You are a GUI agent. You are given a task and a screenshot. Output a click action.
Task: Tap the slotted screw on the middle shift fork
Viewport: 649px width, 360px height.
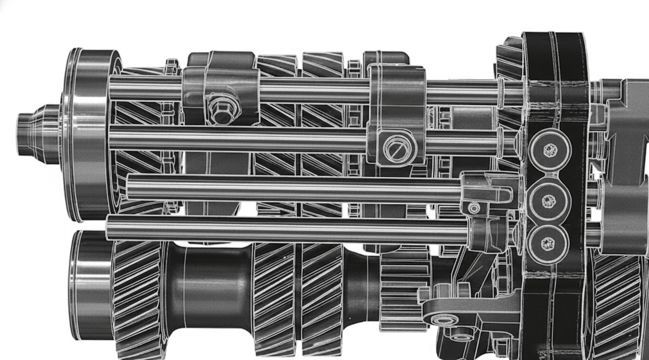pyautogui.click(x=394, y=149)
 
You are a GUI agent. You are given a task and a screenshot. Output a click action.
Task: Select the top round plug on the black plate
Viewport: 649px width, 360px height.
pyautogui.click(x=549, y=150)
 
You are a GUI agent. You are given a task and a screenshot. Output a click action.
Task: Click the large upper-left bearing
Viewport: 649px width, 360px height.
pyautogui.click(x=88, y=135)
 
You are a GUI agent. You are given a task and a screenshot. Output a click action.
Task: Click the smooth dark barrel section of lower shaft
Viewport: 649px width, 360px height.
pyautogui.click(x=210, y=289)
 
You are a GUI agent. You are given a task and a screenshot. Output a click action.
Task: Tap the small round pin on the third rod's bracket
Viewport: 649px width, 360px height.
pyautogui.click(x=473, y=208)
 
